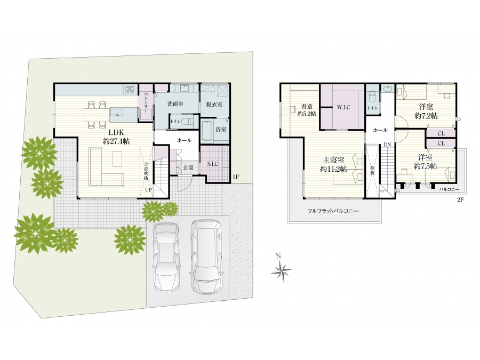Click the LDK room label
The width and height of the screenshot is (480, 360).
tap(116, 133)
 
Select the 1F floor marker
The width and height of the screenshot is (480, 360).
tap(235, 177)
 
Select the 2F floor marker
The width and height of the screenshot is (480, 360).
tap(460, 199)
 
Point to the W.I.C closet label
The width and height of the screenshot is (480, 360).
tap(343, 107)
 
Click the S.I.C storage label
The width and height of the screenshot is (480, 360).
tap(212, 164)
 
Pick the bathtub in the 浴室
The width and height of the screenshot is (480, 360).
tap(208, 131)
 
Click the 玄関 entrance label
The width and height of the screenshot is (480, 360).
tap(188, 168)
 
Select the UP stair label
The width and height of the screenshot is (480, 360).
tap(148, 190)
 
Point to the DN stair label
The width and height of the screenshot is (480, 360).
tap(388, 145)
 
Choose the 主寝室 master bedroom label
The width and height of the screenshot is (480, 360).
tap(334, 160)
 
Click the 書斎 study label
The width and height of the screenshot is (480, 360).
tap(307, 107)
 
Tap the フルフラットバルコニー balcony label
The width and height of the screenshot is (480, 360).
tap(333, 211)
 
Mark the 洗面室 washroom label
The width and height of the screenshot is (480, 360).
tap(175, 104)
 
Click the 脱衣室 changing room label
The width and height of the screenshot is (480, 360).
tap(214, 104)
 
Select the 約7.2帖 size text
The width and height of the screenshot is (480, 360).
tap(426, 116)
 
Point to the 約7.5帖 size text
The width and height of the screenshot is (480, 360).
tap(426, 166)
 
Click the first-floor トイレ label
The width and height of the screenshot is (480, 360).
tap(175, 122)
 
